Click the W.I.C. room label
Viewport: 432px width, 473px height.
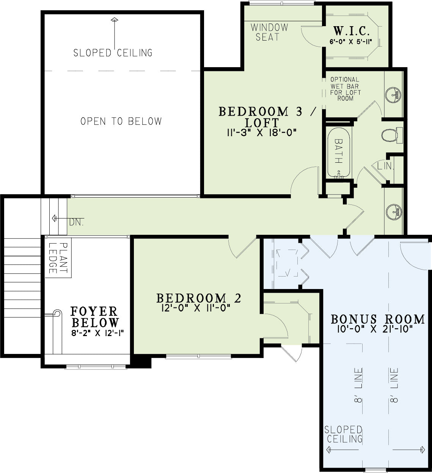click(351, 31)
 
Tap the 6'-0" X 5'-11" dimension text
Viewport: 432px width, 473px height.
click(351, 42)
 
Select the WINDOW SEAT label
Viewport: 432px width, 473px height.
click(269, 32)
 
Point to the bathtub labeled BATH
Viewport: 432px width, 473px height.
click(339, 153)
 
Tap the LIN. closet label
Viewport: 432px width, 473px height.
click(385, 166)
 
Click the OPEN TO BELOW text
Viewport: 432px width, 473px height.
click(121, 121)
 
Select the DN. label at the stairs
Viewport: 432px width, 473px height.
click(76, 222)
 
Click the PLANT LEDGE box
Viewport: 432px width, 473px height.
click(58, 258)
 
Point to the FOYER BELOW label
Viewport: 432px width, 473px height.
click(95, 317)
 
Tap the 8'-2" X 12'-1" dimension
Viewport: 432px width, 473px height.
click(97, 333)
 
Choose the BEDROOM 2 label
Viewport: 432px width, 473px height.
click(199, 298)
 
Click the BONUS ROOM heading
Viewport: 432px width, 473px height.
click(378, 319)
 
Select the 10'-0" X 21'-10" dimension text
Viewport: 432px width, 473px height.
click(375, 329)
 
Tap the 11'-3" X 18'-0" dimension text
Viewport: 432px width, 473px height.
click(261, 133)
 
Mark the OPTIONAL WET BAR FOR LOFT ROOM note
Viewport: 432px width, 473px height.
click(345, 89)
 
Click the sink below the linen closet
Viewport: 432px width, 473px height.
click(394, 212)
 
